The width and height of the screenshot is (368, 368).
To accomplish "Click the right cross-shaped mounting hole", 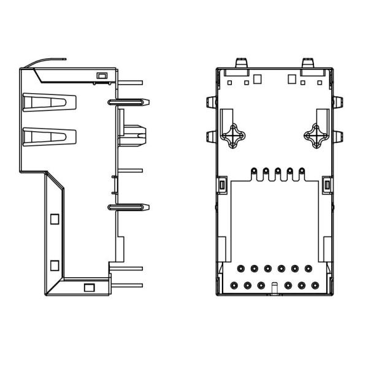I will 316,136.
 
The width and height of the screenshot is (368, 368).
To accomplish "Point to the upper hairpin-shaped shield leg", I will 128,101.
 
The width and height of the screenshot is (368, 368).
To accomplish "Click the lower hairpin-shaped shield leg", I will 128,207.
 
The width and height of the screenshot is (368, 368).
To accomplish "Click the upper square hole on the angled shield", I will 53,218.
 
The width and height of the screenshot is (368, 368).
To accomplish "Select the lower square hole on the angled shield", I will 53,264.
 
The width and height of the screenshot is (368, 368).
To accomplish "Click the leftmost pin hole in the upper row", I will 240,269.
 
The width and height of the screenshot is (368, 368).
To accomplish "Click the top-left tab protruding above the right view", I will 242,63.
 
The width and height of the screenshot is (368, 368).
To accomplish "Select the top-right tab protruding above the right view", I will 309,63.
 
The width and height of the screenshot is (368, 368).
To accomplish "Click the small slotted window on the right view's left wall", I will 222,185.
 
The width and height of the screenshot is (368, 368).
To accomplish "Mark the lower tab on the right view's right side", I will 337,136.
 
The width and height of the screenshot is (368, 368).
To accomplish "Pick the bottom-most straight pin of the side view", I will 128,285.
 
